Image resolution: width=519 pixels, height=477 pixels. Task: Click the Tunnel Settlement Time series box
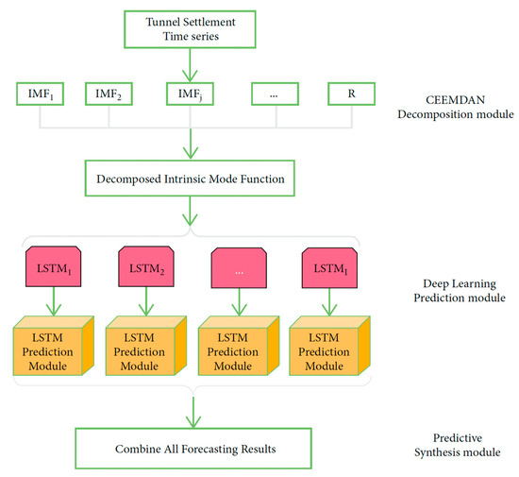tap(190, 29)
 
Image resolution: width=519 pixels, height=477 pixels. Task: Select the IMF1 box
tap(40, 94)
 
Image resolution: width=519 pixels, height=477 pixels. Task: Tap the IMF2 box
tap(109, 94)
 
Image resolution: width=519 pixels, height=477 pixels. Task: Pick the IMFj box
tap(190, 94)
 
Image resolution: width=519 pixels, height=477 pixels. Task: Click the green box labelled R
tap(352, 94)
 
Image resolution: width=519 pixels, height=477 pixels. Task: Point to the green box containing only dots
tap(275, 94)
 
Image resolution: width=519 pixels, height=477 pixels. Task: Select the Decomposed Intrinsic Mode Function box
tap(190, 179)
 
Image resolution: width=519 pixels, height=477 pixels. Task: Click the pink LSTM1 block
tap(53, 266)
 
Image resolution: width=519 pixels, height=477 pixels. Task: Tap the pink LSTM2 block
tap(146, 266)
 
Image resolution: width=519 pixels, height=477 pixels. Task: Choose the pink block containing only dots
tap(239, 267)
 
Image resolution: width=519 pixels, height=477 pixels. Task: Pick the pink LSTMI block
tap(329, 267)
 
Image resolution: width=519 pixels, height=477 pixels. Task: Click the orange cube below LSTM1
tap(54, 346)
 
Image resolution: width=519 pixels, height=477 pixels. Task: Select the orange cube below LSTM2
tap(146, 346)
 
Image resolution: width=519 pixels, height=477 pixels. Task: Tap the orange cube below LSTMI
tap(329, 346)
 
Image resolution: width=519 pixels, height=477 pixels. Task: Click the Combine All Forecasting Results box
tap(193, 449)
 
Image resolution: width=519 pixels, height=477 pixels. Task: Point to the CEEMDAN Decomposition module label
tap(456, 107)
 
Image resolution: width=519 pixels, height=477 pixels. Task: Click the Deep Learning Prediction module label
tap(460, 291)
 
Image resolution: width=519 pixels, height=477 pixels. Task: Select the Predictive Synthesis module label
tap(458, 445)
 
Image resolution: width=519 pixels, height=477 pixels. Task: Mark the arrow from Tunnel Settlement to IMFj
tap(190, 65)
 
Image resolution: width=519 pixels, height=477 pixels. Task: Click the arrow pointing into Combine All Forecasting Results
tap(193, 413)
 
